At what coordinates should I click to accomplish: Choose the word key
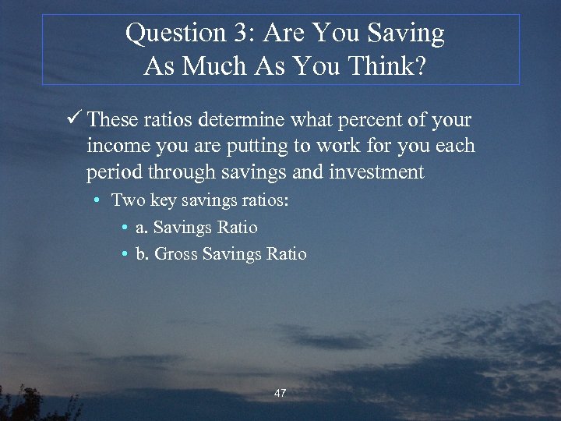pos(164,201)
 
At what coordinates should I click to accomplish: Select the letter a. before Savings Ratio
pos(141,228)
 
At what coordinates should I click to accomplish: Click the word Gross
pos(176,254)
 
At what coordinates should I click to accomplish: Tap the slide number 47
pos(280,394)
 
